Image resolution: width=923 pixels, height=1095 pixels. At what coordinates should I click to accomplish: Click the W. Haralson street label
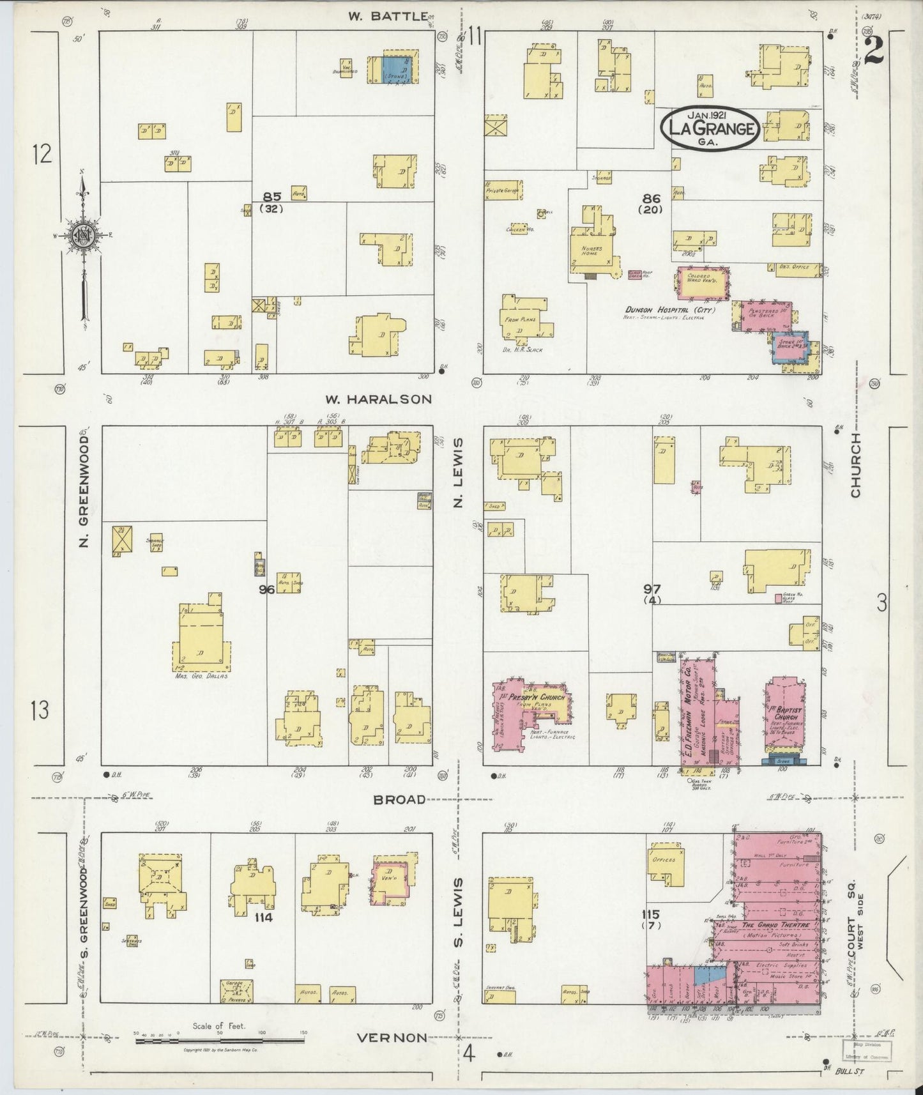click(x=379, y=399)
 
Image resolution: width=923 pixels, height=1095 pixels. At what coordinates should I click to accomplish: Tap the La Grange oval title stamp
click(x=710, y=129)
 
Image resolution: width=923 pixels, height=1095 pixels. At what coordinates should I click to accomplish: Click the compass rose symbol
click(x=82, y=235)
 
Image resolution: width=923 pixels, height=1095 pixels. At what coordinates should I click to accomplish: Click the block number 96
click(x=266, y=589)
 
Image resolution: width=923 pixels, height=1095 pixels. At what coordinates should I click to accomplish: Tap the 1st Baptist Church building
click(x=784, y=719)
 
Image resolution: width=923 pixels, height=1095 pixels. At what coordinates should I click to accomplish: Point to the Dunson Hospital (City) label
click(x=669, y=311)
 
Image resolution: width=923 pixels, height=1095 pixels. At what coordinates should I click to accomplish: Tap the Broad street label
click(x=400, y=799)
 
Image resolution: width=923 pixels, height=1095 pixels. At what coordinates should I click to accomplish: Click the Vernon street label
click(x=391, y=1038)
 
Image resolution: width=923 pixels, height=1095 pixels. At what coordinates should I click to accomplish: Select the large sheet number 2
click(x=873, y=50)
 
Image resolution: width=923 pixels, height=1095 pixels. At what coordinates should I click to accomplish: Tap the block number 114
click(x=263, y=917)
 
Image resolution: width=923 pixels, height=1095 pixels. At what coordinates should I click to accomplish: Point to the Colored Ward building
click(x=703, y=284)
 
